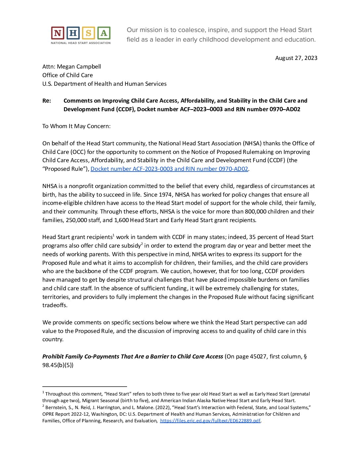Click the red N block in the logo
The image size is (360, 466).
pos(58,33)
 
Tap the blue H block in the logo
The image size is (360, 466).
pos(73,33)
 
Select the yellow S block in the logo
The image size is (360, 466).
pos(88,33)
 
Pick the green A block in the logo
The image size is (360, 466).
pos(104,33)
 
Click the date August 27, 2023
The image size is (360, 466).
pos(296,58)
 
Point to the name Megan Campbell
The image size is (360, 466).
pos(79,67)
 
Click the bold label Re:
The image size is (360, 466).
pos(47,101)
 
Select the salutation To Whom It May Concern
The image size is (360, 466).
pos(76,126)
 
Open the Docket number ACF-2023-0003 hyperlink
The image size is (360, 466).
pos(169,169)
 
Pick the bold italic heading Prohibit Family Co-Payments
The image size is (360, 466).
pos(132,356)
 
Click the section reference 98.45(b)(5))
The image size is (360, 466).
pos(58,365)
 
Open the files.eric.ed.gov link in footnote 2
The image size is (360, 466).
pos(210,421)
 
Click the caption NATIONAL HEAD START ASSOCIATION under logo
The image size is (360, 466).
pos(81,43)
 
